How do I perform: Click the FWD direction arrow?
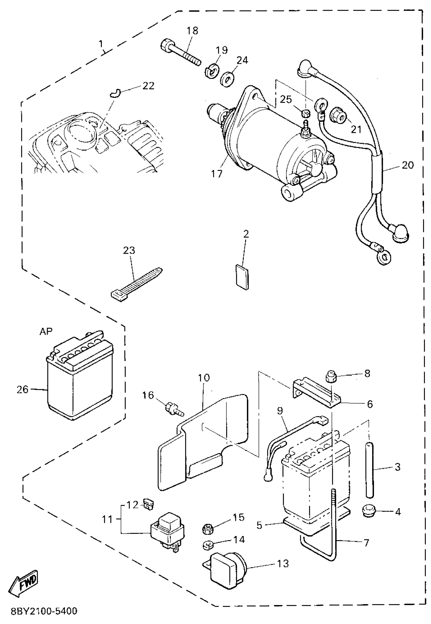tap(24, 583)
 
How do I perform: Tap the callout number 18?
tap(192, 31)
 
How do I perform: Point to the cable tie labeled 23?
tap(137, 284)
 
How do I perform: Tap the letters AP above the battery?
tap(46, 332)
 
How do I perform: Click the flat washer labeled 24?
tap(227, 78)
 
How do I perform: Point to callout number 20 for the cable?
tap(408, 165)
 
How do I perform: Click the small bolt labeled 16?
tap(174, 408)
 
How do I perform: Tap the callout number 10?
tap(204, 378)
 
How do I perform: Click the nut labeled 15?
tap(207, 528)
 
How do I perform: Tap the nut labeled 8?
tap(331, 377)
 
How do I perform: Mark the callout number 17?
tap(217, 174)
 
